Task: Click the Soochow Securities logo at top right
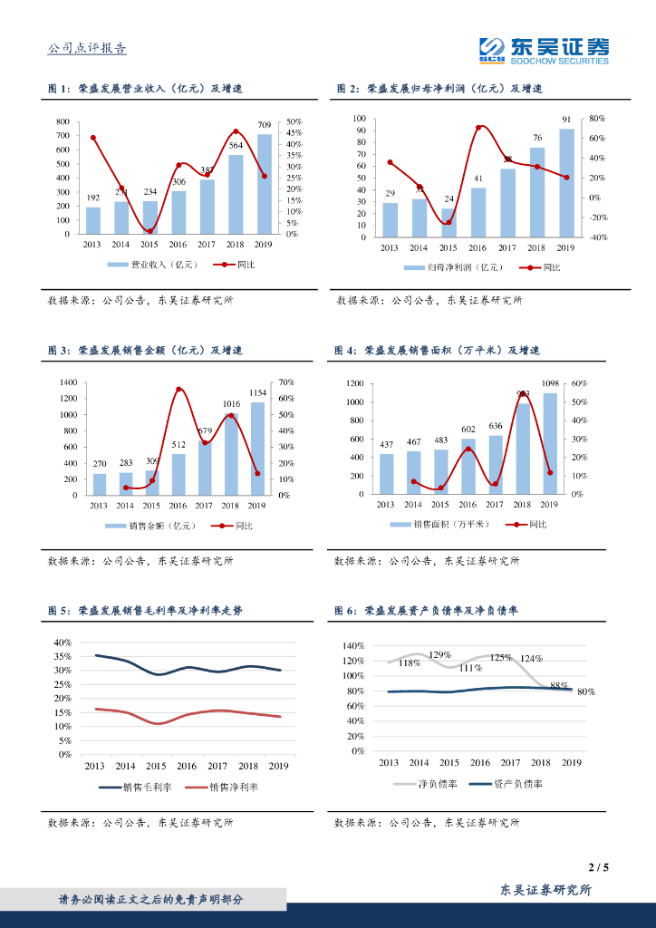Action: tap(544, 50)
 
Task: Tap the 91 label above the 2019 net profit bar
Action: tap(566, 119)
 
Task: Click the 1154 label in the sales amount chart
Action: tap(257, 392)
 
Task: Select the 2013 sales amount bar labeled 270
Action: tap(100, 484)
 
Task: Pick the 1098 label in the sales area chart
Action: tap(549, 383)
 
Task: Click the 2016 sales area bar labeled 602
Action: tap(468, 466)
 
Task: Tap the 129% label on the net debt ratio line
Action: tap(440, 654)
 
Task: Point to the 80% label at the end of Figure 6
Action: tap(585, 691)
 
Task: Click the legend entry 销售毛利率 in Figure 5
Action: tap(136, 788)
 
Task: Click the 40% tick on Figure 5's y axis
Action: tap(63, 643)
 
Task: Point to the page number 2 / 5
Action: tap(598, 867)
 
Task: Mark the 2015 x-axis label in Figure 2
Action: tap(449, 247)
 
